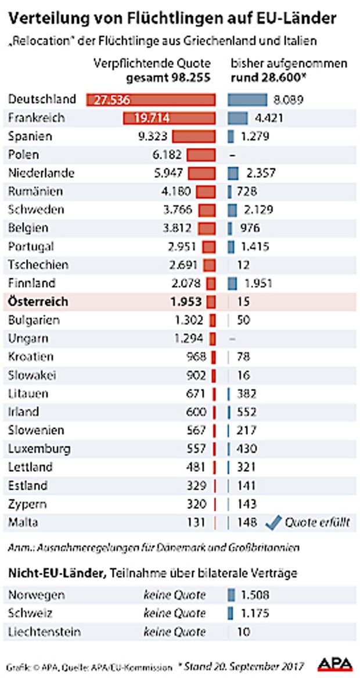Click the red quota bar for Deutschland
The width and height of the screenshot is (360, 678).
click(151, 100)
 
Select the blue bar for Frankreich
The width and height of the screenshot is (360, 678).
click(237, 119)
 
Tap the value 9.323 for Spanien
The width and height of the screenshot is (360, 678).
click(152, 137)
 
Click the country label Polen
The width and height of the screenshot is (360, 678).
click(24, 155)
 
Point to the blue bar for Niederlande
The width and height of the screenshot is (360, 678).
click(233, 173)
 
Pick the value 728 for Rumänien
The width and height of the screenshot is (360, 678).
click(246, 192)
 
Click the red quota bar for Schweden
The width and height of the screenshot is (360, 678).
click(207, 210)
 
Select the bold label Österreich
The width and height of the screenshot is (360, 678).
click(38, 302)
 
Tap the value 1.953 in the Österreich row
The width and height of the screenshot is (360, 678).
click(186, 302)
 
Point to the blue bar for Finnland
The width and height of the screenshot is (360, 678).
click(232, 284)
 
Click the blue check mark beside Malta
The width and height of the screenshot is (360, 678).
click(272, 523)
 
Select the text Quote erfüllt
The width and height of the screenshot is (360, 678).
click(317, 523)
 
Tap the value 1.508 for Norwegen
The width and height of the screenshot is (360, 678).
click(253, 596)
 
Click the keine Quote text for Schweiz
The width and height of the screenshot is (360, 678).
click(174, 614)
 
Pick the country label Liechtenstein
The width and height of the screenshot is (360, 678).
click(45, 632)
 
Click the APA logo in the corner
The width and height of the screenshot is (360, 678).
click(335, 663)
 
